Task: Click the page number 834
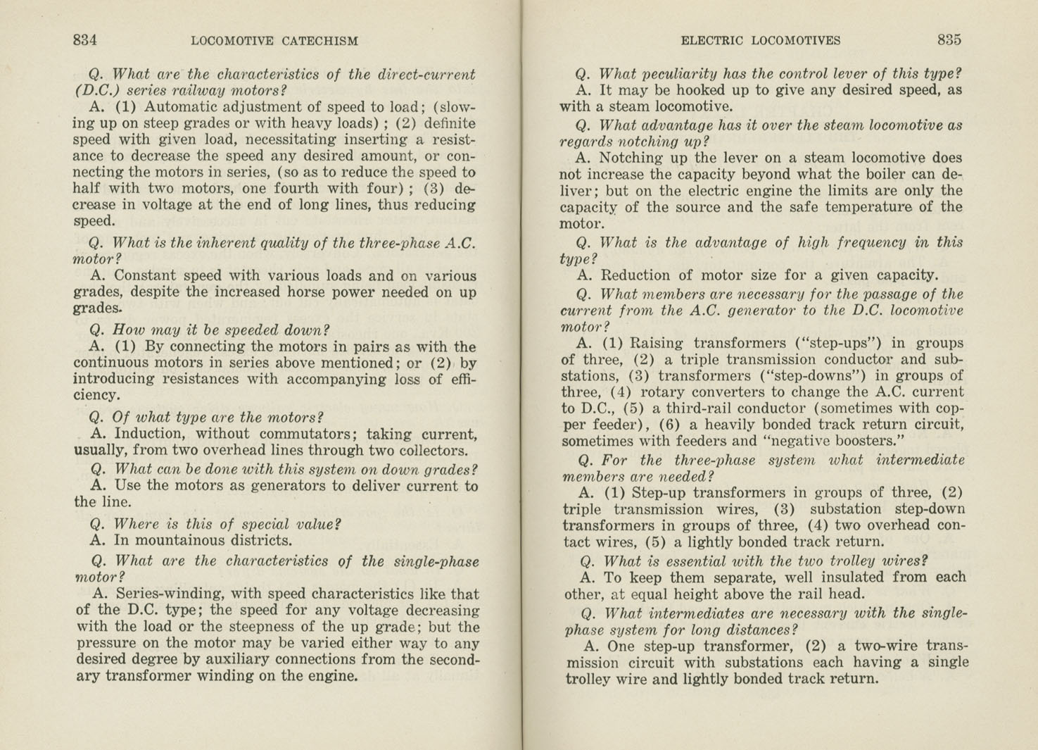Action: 85,40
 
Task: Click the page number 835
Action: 949,40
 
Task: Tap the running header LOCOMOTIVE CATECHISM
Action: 274,41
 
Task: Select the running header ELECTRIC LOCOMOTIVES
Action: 760,41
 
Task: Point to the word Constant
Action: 146,276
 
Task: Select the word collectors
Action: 429,451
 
